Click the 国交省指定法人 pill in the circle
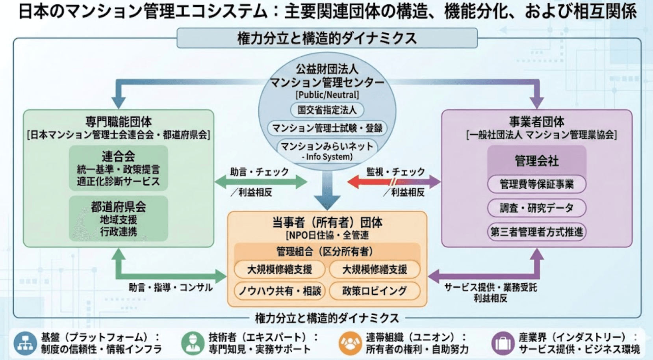[327, 110]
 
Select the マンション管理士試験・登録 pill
[327, 128]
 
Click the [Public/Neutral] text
[327, 95]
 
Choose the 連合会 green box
[118, 168]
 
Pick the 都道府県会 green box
[118, 218]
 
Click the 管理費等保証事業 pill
[536, 184]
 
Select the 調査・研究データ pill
[536, 208]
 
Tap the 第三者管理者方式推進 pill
[536, 232]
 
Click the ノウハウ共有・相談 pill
[280, 291]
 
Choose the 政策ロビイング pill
[375, 291]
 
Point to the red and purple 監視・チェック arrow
[394, 182]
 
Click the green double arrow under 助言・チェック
[261, 182]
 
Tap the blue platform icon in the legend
[25, 343]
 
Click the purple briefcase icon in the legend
[503, 343]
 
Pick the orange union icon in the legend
[350, 343]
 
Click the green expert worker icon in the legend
[193, 343]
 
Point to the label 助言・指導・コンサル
[171, 288]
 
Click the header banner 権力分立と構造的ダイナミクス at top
[327, 38]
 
